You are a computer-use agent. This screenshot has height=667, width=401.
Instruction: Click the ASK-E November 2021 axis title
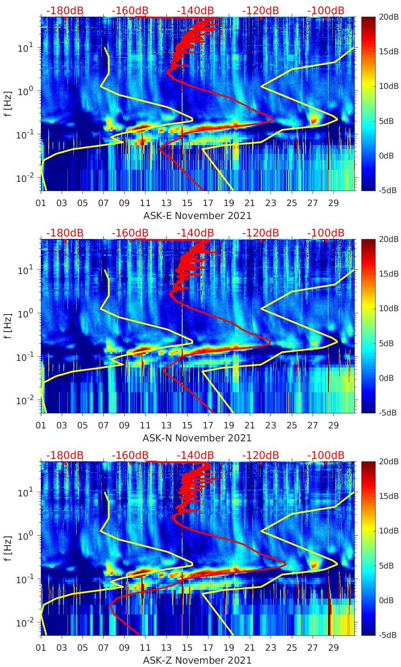197,216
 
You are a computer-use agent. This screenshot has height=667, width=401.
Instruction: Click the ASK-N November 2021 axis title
197,438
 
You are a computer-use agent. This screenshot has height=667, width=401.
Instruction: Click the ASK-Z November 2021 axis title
197,660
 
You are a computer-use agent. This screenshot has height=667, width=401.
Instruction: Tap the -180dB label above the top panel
65,10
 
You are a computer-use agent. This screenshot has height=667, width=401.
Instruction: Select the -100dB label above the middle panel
326,233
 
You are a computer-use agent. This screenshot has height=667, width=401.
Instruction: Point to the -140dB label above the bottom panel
195,455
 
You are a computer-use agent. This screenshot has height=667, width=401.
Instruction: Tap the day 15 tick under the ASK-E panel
187,203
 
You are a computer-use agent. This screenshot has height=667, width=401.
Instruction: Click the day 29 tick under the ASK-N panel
333,425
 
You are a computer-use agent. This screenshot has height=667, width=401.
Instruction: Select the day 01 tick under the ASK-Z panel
41,648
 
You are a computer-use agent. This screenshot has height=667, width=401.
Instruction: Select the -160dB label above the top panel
130,10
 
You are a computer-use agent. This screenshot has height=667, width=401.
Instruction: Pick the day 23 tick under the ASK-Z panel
271,648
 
